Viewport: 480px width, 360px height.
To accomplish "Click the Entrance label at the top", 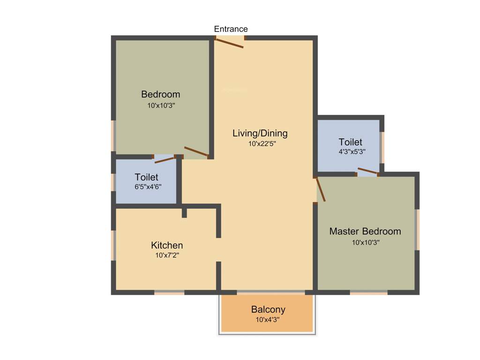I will point(231,29).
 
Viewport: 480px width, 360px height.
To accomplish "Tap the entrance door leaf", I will point(229,43).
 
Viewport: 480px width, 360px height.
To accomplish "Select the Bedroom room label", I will point(160,94).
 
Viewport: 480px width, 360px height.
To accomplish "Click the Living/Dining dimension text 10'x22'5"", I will point(262,144).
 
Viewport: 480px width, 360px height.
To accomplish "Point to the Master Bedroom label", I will point(365,231).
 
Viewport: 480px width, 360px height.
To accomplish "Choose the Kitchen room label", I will point(167,245).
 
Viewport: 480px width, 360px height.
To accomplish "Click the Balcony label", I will point(268,309).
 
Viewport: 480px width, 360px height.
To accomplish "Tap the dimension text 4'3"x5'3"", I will point(350,152).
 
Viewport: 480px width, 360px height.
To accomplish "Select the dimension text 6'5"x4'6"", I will point(146,187).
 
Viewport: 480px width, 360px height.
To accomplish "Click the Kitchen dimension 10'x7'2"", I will point(167,255).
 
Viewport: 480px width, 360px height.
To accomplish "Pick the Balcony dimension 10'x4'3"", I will point(268,320).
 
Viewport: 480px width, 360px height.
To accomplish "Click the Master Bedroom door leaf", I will point(321,189).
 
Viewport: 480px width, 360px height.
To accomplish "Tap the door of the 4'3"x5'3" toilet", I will point(368,171).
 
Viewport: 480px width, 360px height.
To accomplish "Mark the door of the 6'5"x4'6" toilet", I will point(165,159).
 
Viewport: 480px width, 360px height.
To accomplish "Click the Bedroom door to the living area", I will point(196,151).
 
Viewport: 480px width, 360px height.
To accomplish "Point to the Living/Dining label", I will point(260,133).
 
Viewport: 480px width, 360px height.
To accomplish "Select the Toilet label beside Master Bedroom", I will point(350,142).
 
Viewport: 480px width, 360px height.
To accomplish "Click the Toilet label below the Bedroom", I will point(146,177).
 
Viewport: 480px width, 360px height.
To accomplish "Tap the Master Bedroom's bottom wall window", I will point(368,292).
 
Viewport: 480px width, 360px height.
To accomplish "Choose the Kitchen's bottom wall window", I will point(169,292).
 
